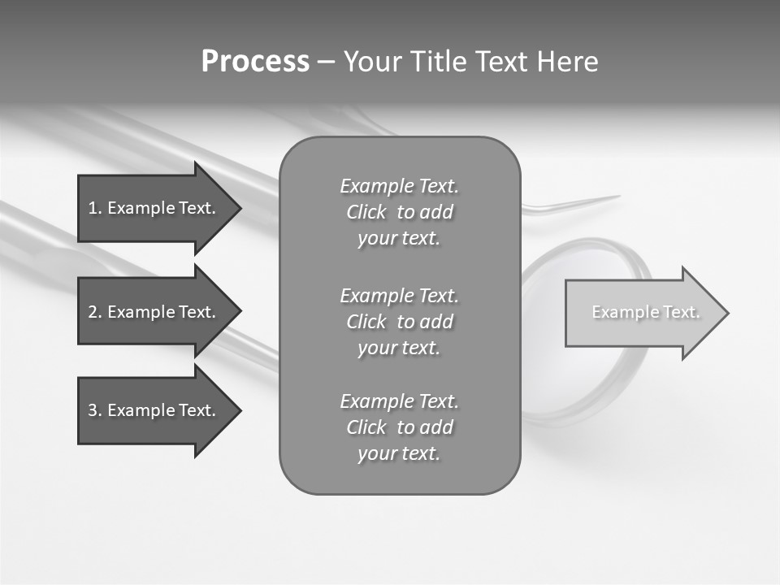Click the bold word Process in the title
[x=255, y=62]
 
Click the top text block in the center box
[x=399, y=212]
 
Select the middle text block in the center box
[x=399, y=322]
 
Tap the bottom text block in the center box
[x=399, y=427]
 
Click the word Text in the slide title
[x=500, y=62]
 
